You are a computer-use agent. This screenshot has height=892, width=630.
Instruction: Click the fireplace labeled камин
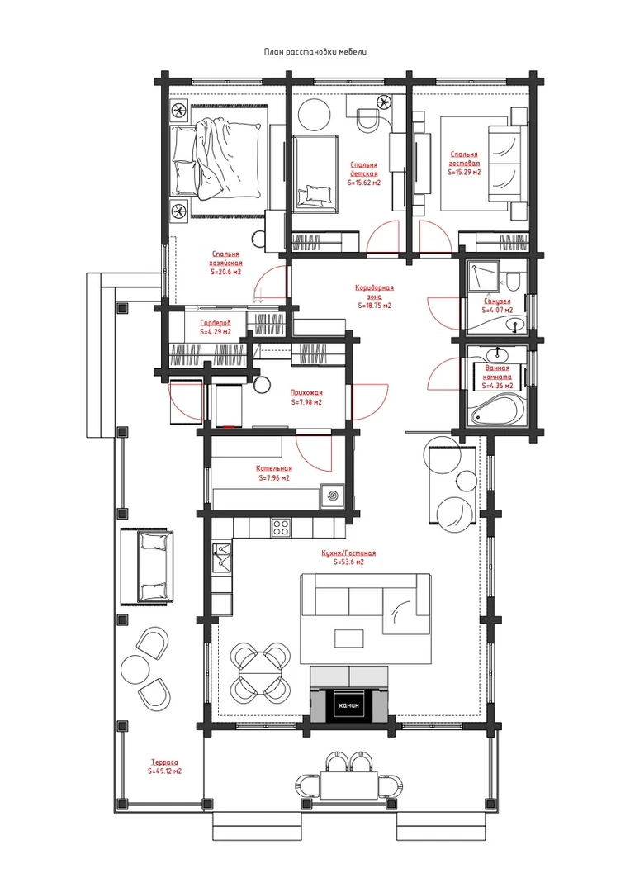tap(350, 705)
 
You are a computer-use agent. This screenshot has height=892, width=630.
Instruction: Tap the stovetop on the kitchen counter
tap(280, 527)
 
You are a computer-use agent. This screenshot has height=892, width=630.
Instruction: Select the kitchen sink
tap(222, 557)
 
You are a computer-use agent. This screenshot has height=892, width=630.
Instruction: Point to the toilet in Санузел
tap(512, 281)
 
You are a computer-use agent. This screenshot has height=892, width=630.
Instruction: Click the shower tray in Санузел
tap(485, 275)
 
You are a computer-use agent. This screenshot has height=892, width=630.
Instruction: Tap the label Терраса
tap(165, 762)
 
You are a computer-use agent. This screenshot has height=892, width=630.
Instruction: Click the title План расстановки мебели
tap(315, 52)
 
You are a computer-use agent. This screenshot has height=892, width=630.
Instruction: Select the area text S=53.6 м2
tap(347, 562)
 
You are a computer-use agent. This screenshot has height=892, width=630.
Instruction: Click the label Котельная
tap(274, 469)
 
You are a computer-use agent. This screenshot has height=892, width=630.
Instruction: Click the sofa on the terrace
tap(147, 565)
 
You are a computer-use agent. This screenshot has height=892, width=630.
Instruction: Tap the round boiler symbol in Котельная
tap(331, 496)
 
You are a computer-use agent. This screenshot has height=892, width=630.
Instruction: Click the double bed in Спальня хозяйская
tap(218, 159)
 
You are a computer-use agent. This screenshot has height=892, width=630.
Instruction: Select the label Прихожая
tap(306, 392)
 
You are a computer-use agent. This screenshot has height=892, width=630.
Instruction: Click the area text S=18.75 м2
tap(375, 306)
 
